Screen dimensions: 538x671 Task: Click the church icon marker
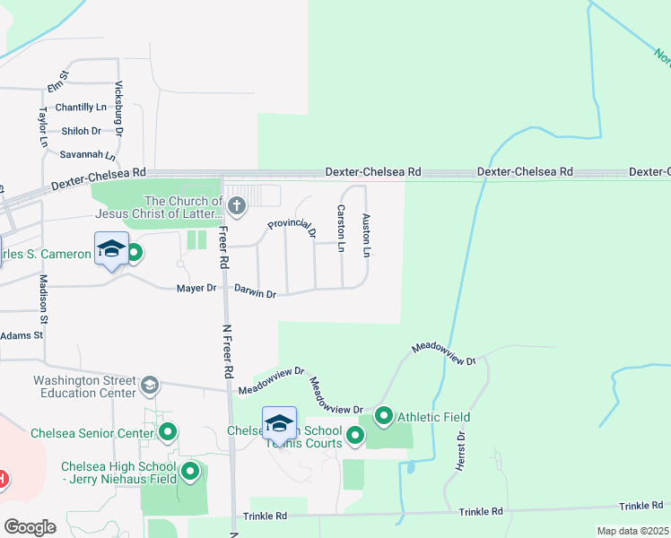click(x=236, y=208)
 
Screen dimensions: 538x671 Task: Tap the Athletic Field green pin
click(x=384, y=416)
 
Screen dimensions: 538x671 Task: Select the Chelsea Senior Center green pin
click(x=168, y=433)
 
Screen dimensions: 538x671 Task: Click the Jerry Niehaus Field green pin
click(x=190, y=472)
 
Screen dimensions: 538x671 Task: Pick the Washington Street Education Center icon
click(x=150, y=386)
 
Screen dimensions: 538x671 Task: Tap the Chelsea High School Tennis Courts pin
click(x=355, y=436)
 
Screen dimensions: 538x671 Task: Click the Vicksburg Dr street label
click(x=118, y=108)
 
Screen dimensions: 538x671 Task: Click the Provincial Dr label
click(x=292, y=228)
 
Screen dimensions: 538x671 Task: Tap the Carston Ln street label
click(x=341, y=227)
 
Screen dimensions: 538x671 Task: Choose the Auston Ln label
click(x=365, y=235)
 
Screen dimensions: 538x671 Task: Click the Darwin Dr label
click(x=255, y=292)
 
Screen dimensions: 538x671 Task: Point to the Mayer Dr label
click(x=196, y=288)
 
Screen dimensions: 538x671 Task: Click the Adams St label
click(x=22, y=335)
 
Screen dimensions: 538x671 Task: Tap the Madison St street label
click(x=41, y=293)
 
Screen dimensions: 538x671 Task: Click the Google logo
click(x=30, y=527)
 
